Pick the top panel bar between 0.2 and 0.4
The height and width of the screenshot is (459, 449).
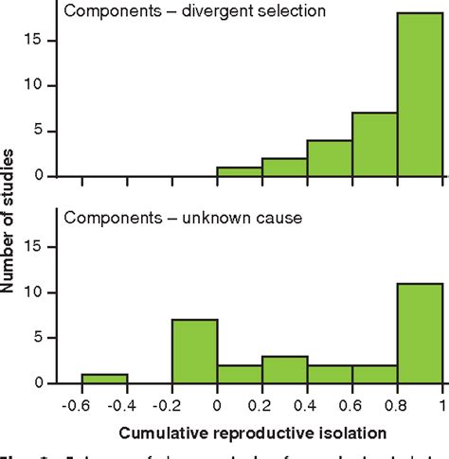point(285,167)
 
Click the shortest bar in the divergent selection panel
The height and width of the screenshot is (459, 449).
point(240,171)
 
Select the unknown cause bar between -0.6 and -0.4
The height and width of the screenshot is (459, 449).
point(104,379)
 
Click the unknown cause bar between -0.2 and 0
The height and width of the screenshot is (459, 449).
point(194,351)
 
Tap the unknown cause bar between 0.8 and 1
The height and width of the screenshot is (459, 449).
point(420,333)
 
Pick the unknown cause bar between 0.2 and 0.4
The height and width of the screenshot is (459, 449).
point(285,369)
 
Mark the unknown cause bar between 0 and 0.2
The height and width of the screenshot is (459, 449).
point(240,374)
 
